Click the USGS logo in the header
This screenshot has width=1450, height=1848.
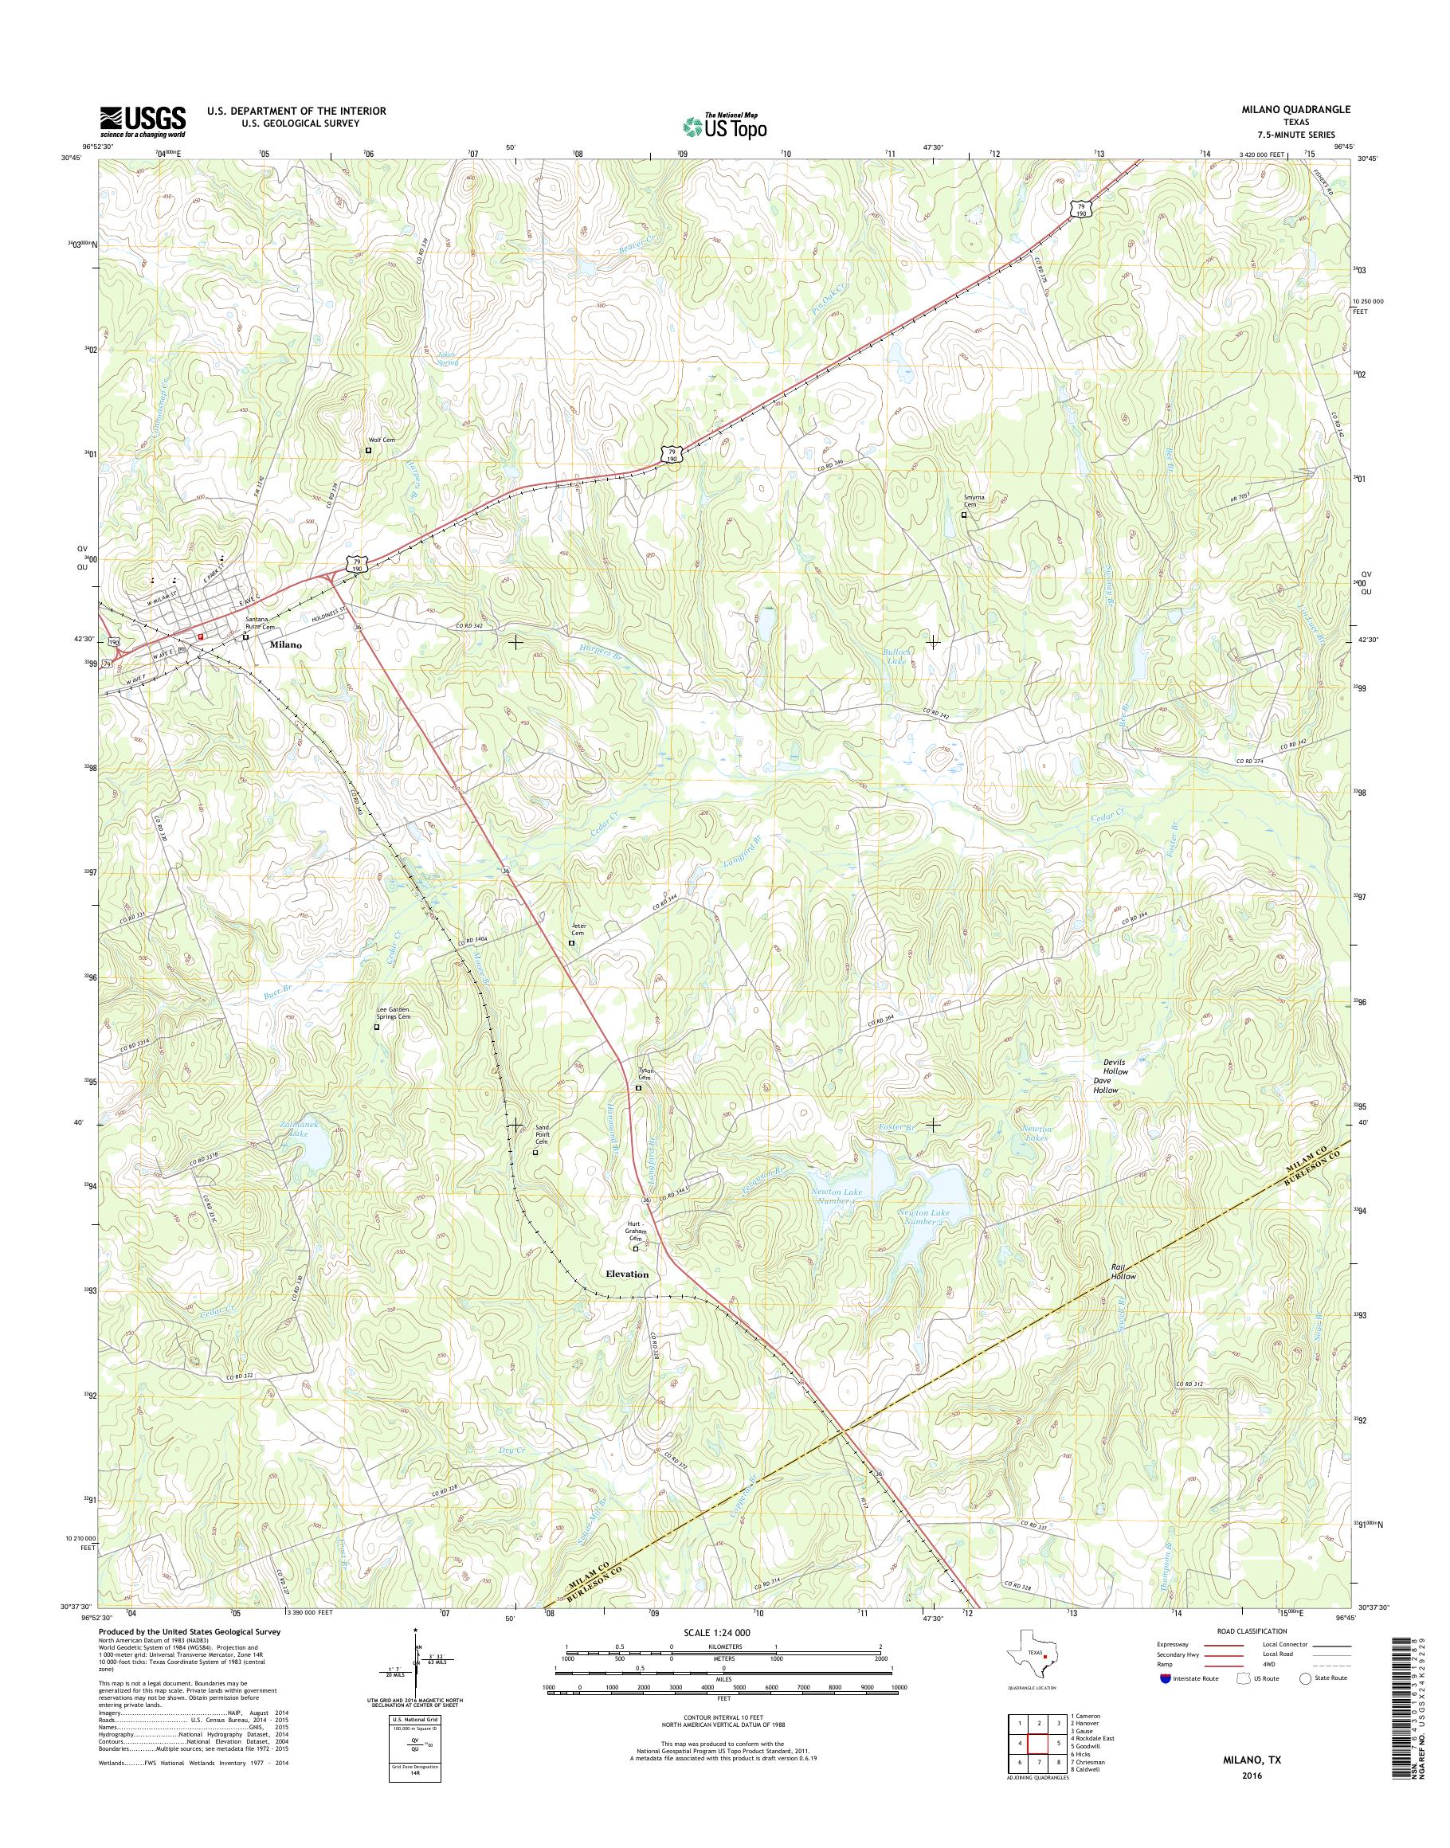click(x=143, y=120)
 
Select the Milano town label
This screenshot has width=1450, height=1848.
click(x=285, y=645)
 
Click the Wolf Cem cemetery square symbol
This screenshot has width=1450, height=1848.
click(x=368, y=451)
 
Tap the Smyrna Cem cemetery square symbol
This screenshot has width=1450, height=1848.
click(x=963, y=515)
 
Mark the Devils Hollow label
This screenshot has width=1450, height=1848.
click(x=1106, y=1067)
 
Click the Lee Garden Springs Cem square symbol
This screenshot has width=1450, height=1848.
click(x=377, y=1027)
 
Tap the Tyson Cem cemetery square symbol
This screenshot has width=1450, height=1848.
click(x=638, y=1088)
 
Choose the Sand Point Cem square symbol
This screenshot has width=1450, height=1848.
click(x=535, y=1153)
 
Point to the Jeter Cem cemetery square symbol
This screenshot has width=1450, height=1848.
click(x=570, y=942)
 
